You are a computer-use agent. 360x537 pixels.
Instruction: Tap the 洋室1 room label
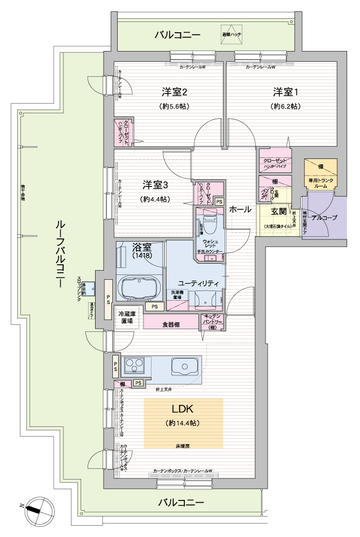(x=284, y=91)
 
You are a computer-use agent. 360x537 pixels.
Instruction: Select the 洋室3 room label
(x=155, y=185)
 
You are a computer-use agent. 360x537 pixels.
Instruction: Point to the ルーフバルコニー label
(x=60, y=252)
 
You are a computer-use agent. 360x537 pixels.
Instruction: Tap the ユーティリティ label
(x=198, y=283)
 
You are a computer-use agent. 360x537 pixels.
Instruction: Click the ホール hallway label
(x=240, y=209)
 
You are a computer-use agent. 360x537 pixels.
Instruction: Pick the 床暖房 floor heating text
(x=183, y=446)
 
